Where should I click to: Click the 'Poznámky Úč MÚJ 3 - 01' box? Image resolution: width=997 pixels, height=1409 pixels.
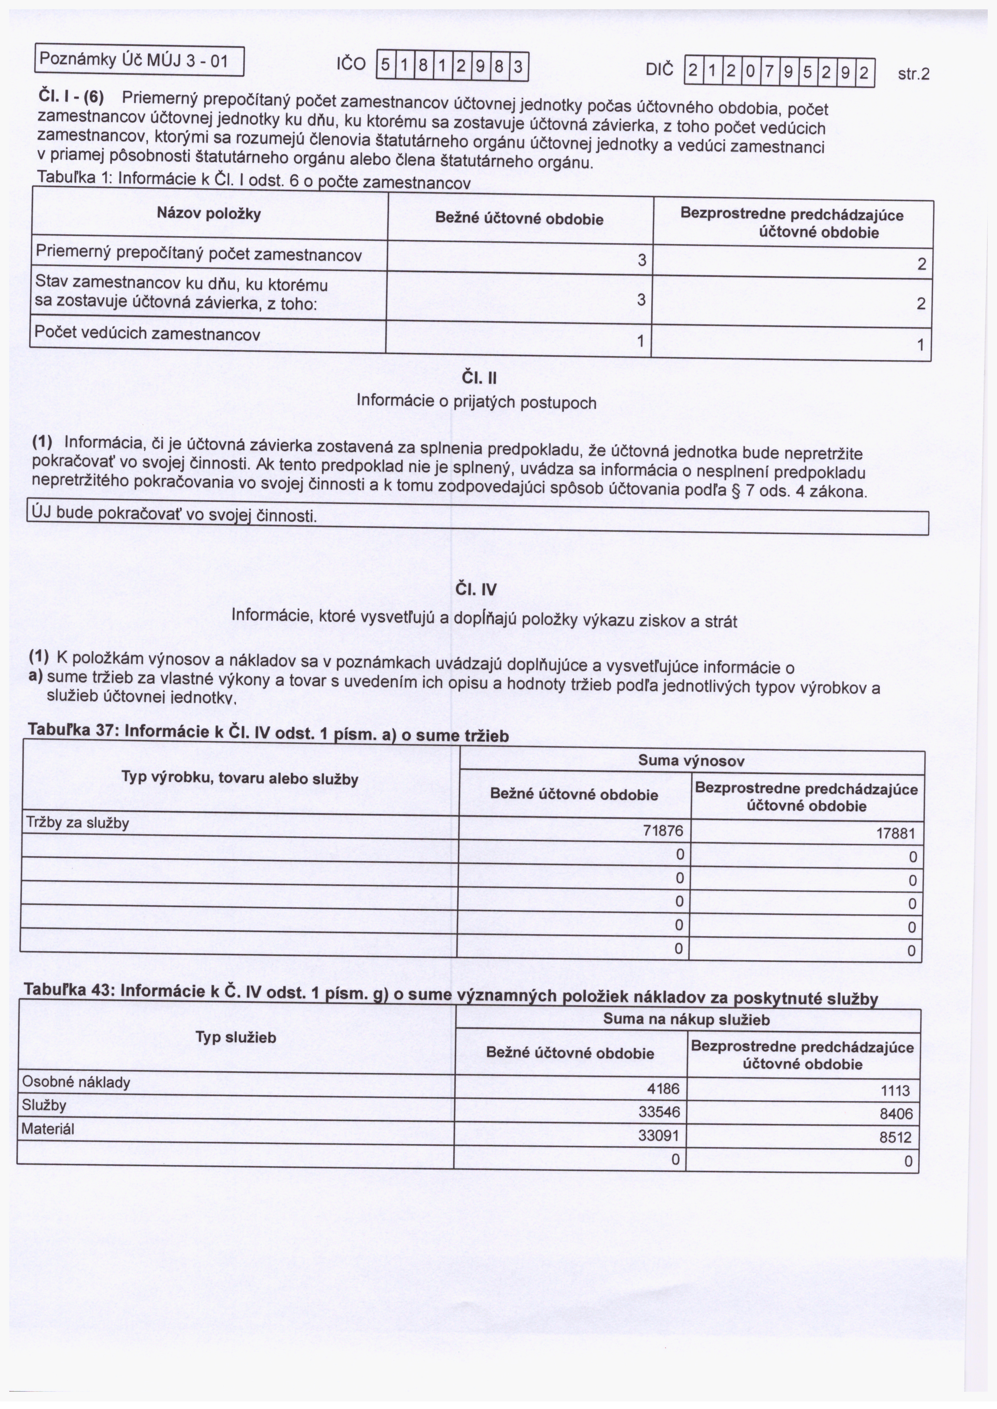139,61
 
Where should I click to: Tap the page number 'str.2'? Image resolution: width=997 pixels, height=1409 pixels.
913,74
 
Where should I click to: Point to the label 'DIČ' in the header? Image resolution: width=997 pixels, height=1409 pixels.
659,70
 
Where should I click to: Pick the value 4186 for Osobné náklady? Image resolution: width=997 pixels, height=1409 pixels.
663,1089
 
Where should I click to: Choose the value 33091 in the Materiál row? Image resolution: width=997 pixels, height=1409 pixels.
659,1135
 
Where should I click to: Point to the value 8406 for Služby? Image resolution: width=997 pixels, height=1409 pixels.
896,1114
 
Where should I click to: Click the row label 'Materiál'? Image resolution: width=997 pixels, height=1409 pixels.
48,1129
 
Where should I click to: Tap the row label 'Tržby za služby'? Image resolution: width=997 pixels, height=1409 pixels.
77,823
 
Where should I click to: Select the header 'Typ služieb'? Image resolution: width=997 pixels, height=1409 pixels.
236,1037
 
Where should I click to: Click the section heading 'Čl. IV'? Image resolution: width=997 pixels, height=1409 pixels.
476,590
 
